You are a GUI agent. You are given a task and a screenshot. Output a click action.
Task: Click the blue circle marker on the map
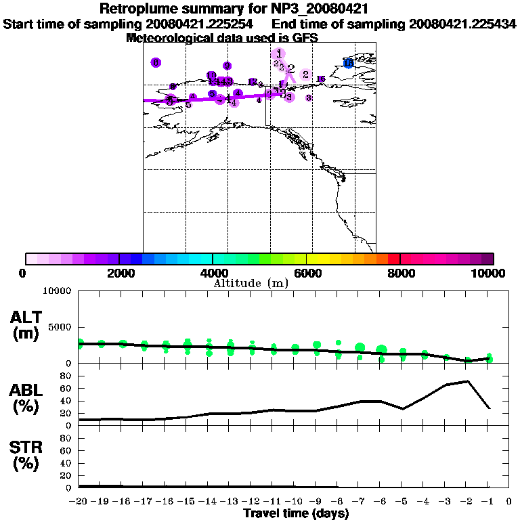point(349,63)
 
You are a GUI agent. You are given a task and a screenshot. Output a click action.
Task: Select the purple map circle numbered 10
point(211,75)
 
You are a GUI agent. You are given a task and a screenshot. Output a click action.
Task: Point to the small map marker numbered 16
point(321,79)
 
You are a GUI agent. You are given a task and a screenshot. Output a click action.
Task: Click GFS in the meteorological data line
point(306,38)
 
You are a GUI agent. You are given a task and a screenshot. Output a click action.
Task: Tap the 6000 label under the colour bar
point(306,273)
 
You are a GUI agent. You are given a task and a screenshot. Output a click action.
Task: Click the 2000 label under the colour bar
point(118,273)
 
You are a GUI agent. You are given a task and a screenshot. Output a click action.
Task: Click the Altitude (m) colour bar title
point(251,283)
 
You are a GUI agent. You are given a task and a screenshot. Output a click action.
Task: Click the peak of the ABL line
point(468,381)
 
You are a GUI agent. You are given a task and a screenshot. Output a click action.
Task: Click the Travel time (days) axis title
point(296,513)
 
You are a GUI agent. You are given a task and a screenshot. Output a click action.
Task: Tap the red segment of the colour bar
point(394,259)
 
